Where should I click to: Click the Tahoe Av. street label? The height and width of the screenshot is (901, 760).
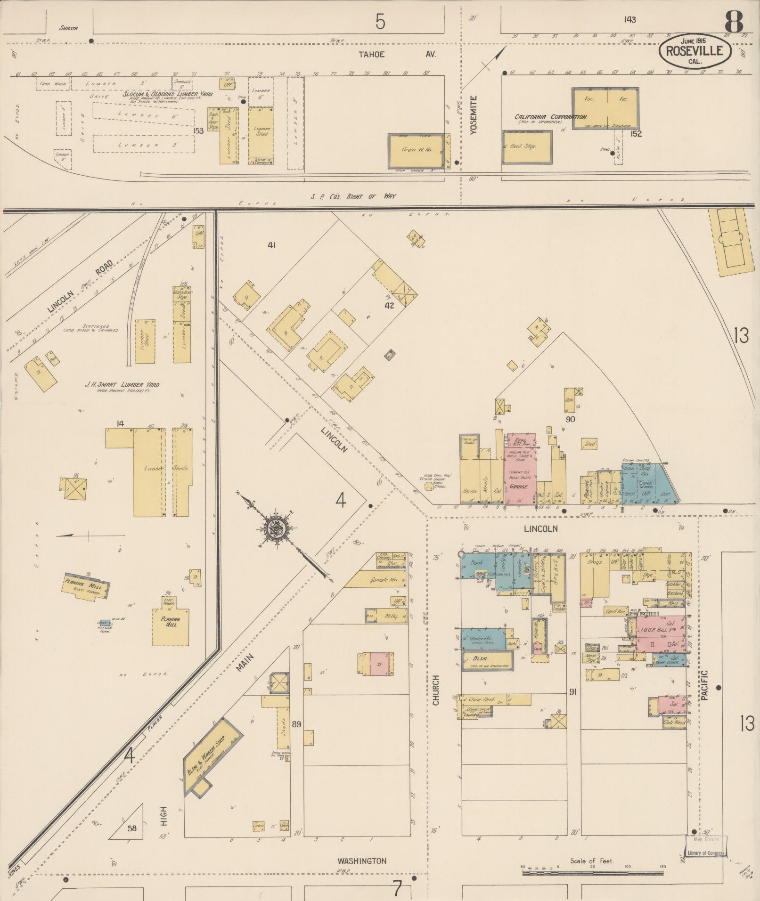pos(397,54)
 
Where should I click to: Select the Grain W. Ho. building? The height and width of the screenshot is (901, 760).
pos(416,151)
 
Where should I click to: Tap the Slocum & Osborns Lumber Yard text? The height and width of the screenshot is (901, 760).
pos(168,94)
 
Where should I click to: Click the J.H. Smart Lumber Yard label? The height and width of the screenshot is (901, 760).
pos(122,385)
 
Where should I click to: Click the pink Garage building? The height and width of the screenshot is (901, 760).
pos(520,471)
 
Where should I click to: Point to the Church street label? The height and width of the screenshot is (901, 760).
pos(436,690)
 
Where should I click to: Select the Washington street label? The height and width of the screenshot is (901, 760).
pos(361,860)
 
